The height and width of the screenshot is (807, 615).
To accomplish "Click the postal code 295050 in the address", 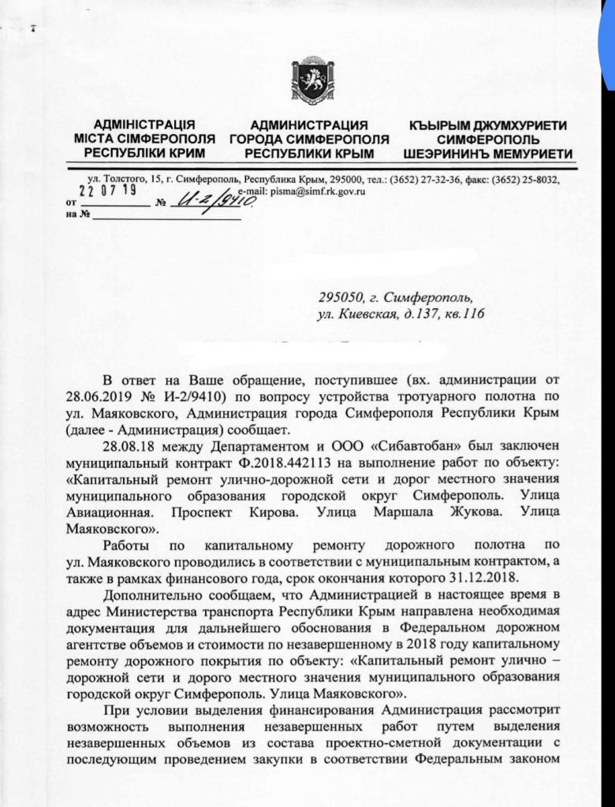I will (x=344, y=299).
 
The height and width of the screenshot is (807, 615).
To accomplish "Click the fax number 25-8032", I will (x=537, y=179).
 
